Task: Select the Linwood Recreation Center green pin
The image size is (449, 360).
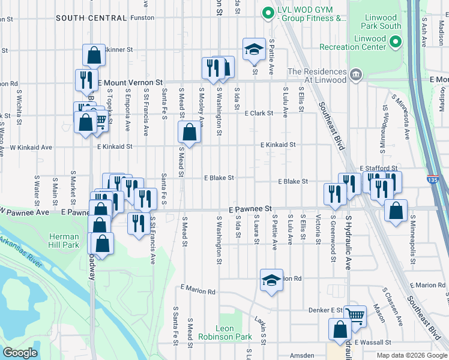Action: click(x=395, y=41)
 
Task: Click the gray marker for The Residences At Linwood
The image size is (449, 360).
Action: click(x=356, y=75)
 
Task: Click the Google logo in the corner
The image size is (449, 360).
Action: click(x=20, y=353)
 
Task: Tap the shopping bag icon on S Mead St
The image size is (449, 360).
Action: click(x=189, y=133)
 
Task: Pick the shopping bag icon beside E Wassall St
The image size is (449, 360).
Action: click(x=340, y=330)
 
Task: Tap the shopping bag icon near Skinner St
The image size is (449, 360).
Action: click(x=94, y=56)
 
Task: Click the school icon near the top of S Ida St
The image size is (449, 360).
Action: click(x=254, y=49)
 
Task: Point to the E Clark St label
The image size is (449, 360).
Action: click(x=258, y=113)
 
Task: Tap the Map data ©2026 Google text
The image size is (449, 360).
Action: click(x=411, y=355)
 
